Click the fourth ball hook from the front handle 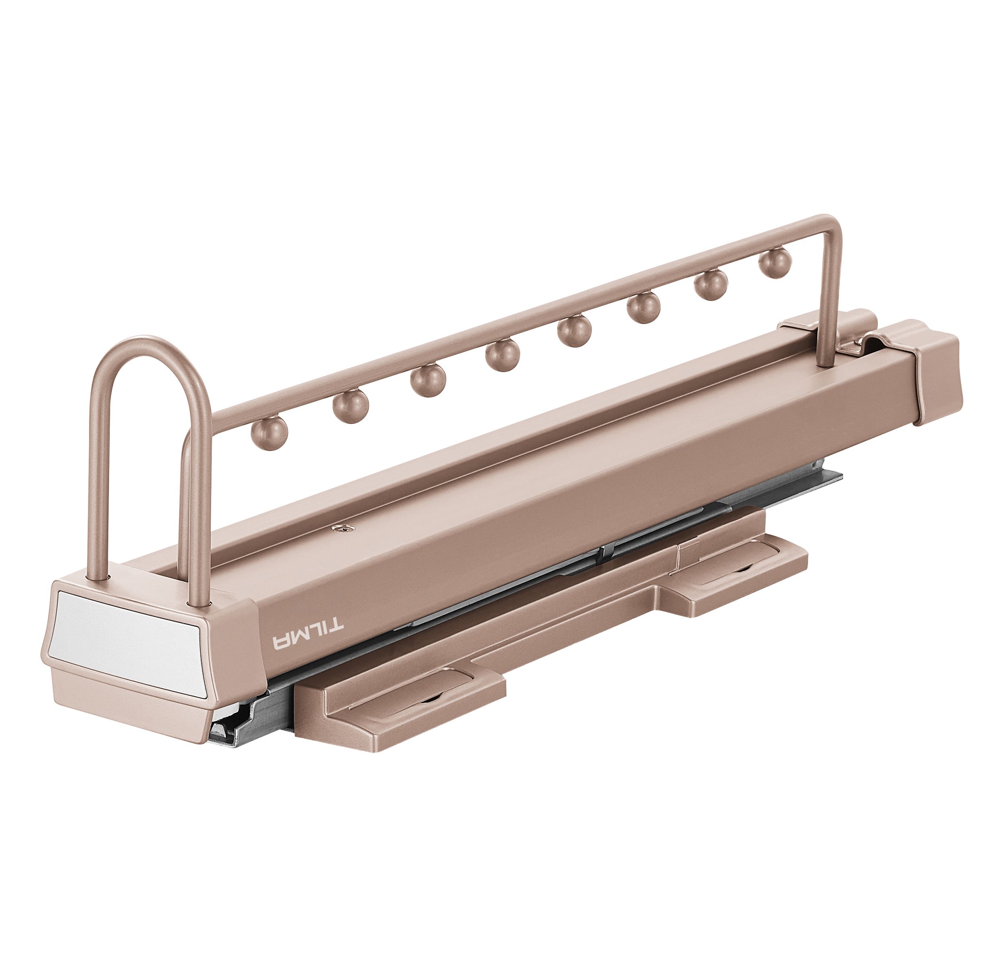click(502, 355)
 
